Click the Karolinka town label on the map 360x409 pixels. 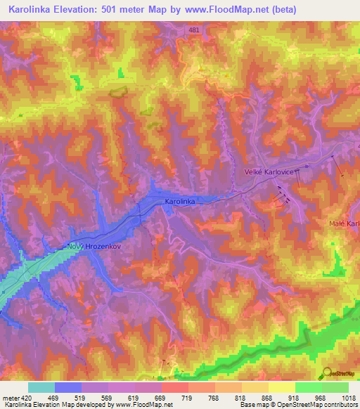[x=179, y=201]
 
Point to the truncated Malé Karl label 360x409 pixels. [x=344, y=223]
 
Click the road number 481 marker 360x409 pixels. [x=193, y=30]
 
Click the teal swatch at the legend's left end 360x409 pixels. [x=41, y=387]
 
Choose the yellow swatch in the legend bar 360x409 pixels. [x=281, y=387]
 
